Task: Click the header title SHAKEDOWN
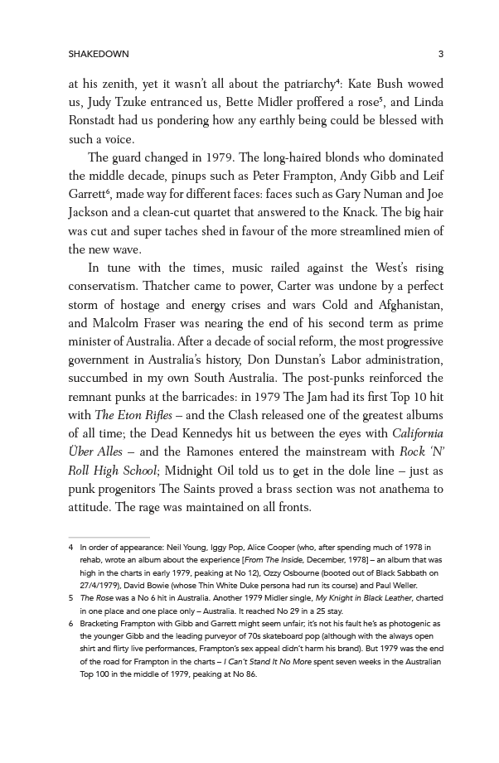99,55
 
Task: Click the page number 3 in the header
441,55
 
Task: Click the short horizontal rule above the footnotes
109,538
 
